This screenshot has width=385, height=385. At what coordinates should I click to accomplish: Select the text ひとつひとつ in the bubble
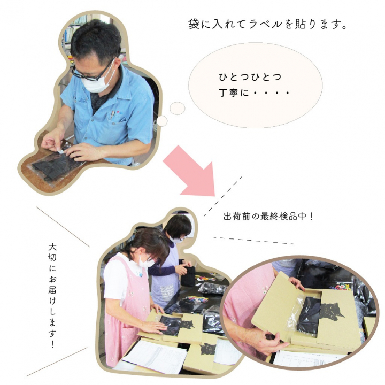250,77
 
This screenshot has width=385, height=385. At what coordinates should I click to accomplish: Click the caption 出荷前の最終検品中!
267,217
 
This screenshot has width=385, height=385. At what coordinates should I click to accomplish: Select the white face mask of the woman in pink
145,262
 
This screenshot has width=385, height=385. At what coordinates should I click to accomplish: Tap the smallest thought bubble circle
161,121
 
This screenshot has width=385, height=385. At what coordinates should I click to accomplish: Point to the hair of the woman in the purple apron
178,225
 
